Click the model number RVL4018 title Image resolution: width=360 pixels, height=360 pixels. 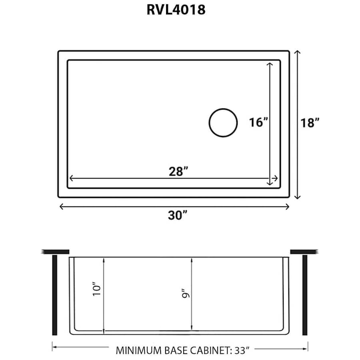[176, 10]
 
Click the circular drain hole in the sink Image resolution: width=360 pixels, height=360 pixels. [223, 123]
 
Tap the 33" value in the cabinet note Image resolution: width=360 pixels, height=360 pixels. [242, 351]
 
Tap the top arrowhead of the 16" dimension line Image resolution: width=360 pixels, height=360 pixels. [270, 64]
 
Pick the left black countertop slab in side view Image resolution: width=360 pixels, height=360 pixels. [55, 252]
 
